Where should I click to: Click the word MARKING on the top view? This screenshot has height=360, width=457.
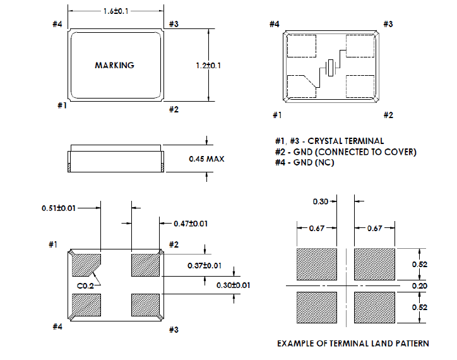[114, 65]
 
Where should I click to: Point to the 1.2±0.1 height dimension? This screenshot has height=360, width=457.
[208, 65]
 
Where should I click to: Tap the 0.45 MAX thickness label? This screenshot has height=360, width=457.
[207, 159]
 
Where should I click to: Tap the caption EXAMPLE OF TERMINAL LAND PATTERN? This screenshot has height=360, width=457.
[353, 344]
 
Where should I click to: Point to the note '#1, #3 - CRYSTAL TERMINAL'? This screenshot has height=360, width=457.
[329, 141]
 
